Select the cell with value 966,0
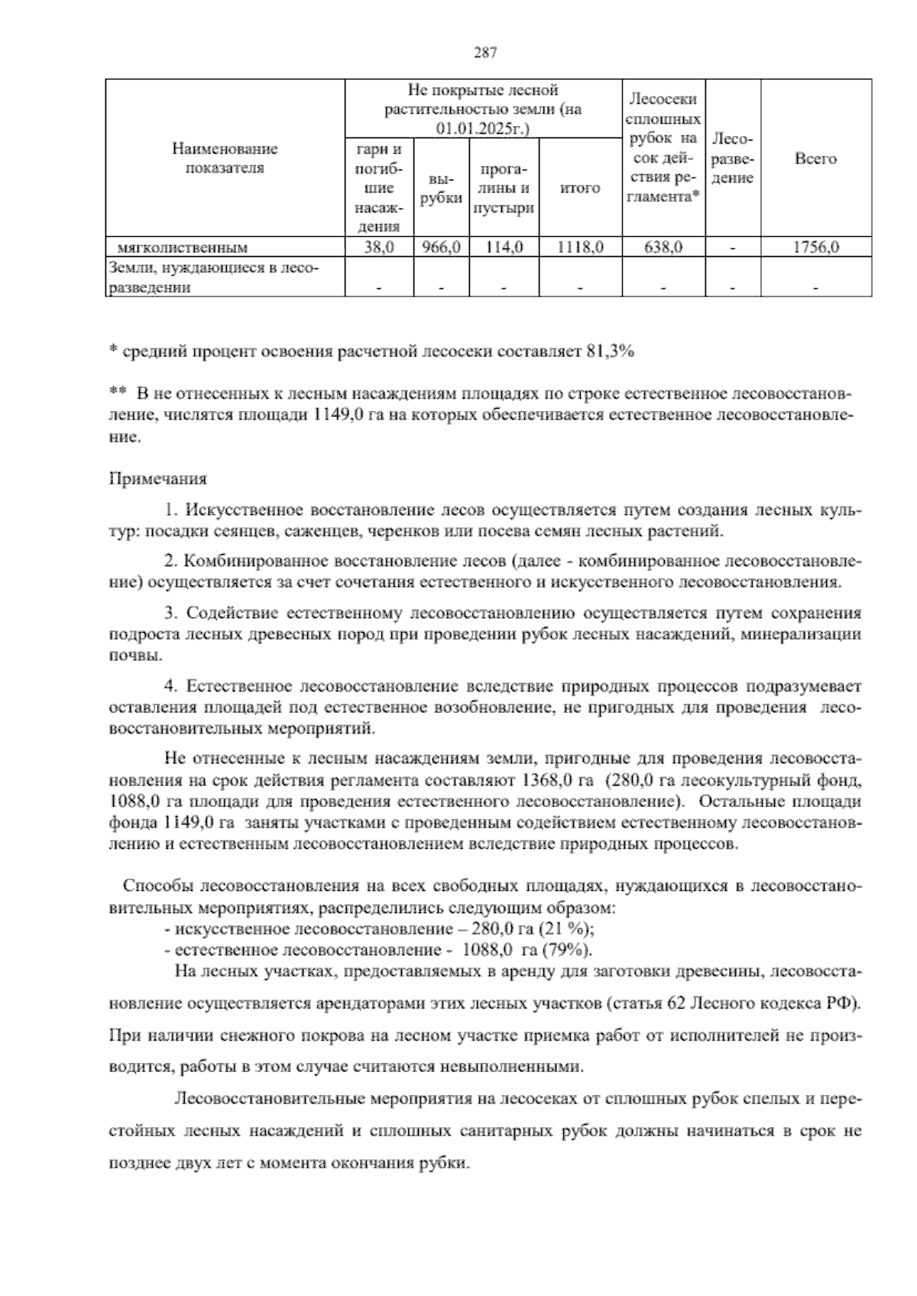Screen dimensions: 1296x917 click(x=441, y=247)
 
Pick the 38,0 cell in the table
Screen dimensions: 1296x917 click(x=379, y=247)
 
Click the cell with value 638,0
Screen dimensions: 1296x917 click(x=663, y=247)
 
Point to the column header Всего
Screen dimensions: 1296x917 click(x=815, y=159)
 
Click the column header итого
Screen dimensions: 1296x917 click(x=580, y=187)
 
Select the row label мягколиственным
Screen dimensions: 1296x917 click(x=183, y=247)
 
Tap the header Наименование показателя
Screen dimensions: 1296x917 click(x=225, y=158)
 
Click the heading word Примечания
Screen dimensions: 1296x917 click(x=158, y=480)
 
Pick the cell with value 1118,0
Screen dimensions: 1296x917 click(x=580, y=247)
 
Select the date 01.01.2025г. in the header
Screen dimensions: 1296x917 click(x=483, y=128)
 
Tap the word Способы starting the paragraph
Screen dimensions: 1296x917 click(x=157, y=887)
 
